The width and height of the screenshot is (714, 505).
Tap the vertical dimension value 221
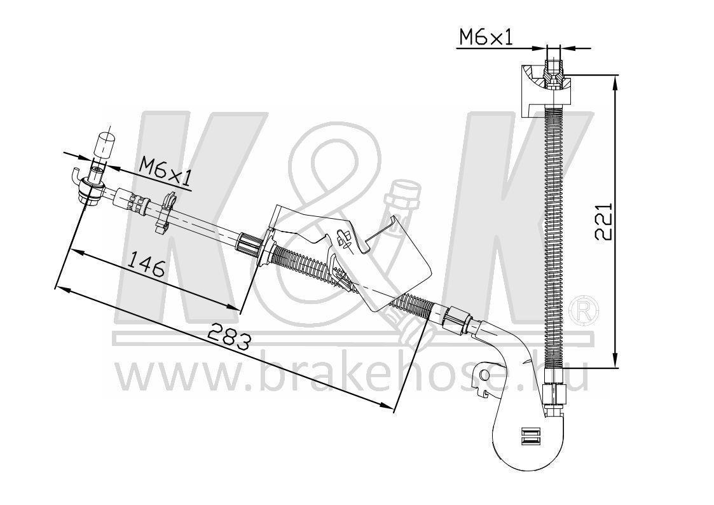click(x=604, y=221)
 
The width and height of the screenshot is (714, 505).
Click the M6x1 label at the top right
click(x=486, y=38)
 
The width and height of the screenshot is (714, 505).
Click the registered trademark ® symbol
click(x=586, y=310)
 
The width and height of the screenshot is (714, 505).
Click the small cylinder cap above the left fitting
click(x=104, y=145)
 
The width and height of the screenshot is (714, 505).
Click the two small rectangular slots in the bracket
click(x=528, y=436)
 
